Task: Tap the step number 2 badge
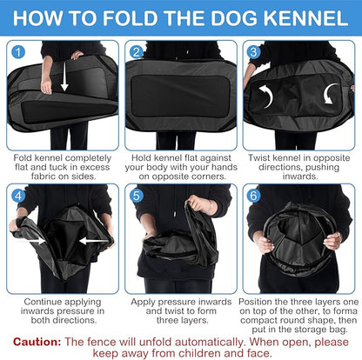click(x=136, y=52)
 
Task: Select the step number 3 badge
click(x=254, y=52)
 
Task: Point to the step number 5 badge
click(x=137, y=195)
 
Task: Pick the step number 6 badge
click(x=254, y=195)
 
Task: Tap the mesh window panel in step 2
click(x=181, y=91)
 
